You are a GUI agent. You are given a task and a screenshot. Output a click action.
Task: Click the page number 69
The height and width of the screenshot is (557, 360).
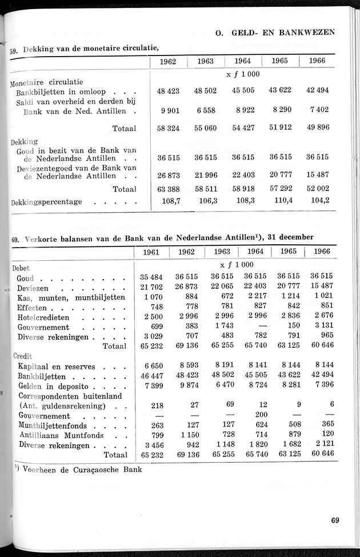(x=334, y=520)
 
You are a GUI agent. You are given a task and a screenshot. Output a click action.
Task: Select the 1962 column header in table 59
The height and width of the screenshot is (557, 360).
(x=168, y=61)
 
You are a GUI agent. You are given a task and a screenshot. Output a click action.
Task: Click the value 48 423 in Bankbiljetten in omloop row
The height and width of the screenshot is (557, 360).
(x=168, y=90)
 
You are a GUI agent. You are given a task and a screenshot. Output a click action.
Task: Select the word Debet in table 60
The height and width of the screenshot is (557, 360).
(x=21, y=267)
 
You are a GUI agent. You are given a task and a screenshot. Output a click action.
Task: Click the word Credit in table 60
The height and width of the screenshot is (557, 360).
(x=22, y=356)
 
